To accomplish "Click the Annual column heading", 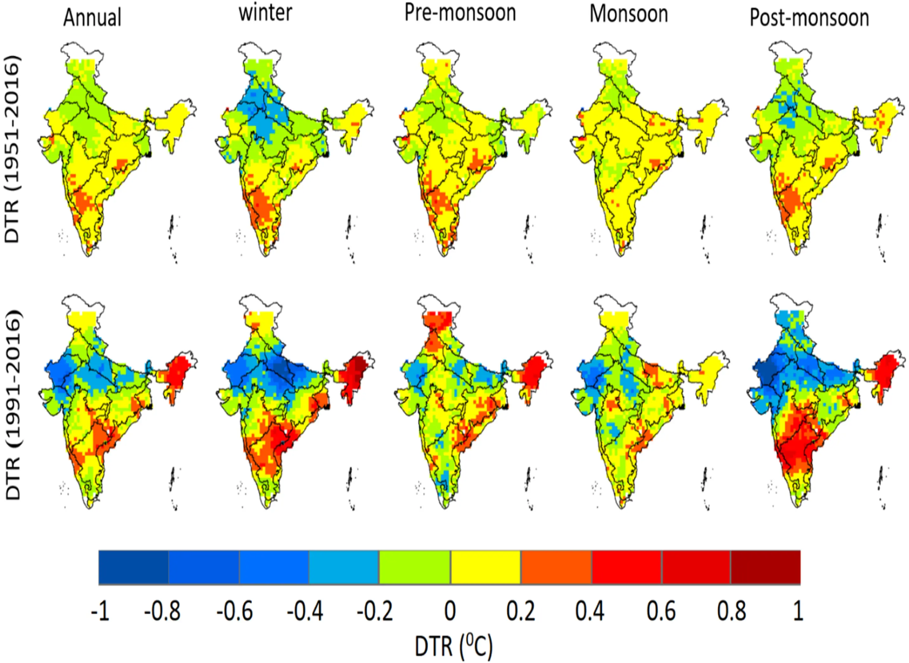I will (x=92, y=18).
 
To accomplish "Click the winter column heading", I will (x=265, y=13).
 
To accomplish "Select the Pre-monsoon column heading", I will (x=460, y=13).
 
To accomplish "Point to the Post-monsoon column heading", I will (x=809, y=18).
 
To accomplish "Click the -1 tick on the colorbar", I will (x=100, y=611).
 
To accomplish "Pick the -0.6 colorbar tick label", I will (x=235, y=611).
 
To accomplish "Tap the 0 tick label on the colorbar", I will (x=450, y=611).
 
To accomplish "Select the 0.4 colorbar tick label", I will (x=590, y=611).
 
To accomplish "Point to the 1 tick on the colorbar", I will (x=798, y=611).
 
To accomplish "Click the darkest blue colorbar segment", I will (x=134, y=567).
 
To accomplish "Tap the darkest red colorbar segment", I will (x=765, y=567).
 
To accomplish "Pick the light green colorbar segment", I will (x=414, y=567).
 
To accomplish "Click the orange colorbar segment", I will (x=556, y=567).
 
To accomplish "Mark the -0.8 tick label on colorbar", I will (x=162, y=611).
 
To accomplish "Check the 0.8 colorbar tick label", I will (x=731, y=611).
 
